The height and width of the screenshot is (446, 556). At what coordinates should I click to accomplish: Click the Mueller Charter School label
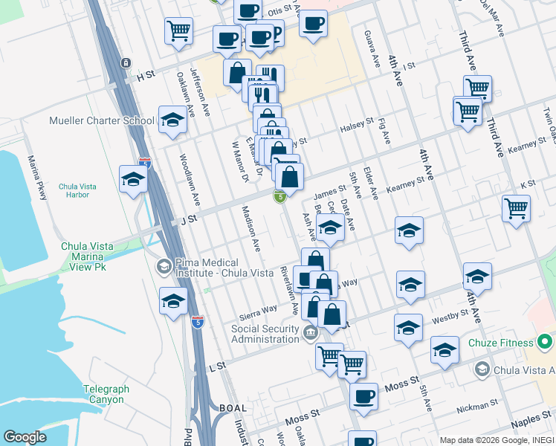[x=102, y=120]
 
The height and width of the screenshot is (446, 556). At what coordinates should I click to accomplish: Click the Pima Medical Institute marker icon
[x=163, y=265]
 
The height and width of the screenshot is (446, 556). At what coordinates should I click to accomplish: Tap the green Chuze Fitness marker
[x=546, y=343]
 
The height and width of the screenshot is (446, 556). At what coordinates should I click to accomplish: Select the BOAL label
[x=235, y=408]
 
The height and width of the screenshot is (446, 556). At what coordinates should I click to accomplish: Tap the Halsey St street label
[x=358, y=124]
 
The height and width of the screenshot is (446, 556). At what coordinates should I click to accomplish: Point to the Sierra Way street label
[x=259, y=308]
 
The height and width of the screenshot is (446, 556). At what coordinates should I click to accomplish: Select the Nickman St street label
[x=478, y=406]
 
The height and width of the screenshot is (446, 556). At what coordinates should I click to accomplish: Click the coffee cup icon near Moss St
[x=363, y=396]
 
